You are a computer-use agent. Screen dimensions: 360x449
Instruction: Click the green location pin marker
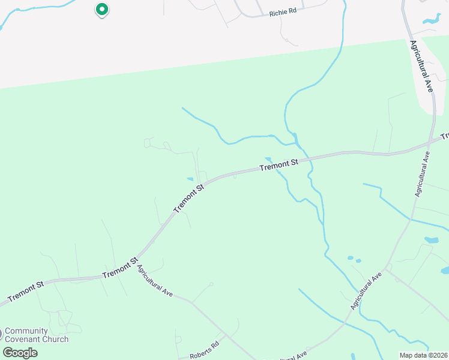102,10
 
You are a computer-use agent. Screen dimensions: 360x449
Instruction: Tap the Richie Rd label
283,12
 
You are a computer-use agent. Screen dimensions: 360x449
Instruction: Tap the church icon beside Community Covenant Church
1,334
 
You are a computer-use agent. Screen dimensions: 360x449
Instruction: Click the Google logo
20,352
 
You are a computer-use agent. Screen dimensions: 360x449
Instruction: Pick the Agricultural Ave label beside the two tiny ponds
366,290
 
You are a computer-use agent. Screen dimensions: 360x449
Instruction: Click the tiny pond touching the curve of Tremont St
190,179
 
